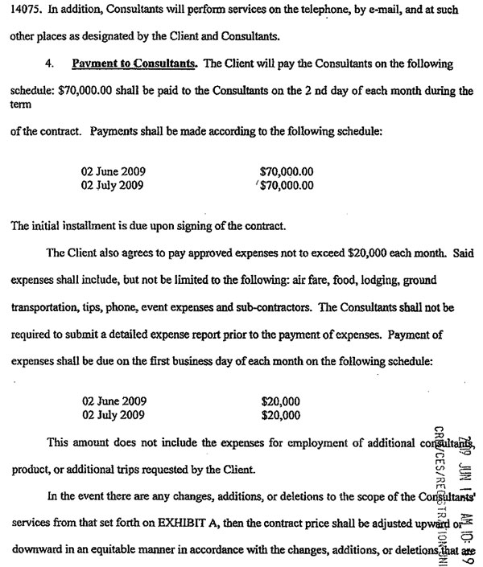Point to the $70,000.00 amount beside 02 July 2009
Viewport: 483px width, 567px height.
coord(287,186)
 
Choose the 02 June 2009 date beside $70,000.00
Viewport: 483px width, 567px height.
coord(114,172)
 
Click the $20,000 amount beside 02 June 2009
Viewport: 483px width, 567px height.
coord(281,401)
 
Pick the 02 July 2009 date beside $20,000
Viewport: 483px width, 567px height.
coord(113,415)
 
